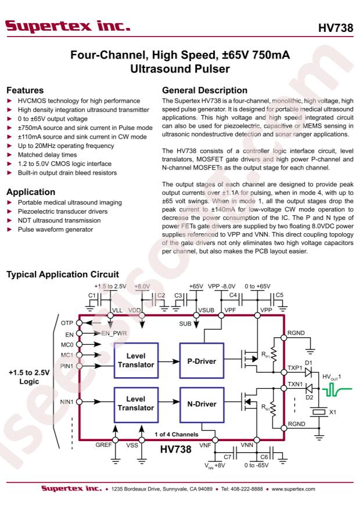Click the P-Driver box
201,360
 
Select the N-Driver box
201,404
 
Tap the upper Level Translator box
136,360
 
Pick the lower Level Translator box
136,404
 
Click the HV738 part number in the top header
336,28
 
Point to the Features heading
25,90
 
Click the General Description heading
204,90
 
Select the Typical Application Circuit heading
63,275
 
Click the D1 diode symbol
309,371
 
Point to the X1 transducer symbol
318,412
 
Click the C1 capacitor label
92,295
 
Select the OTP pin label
67,323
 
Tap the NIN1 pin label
67,402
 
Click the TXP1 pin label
295,368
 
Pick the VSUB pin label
206,311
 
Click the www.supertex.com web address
293,489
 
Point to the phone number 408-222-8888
248,489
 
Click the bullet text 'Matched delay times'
48,155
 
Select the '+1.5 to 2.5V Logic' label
29,377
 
